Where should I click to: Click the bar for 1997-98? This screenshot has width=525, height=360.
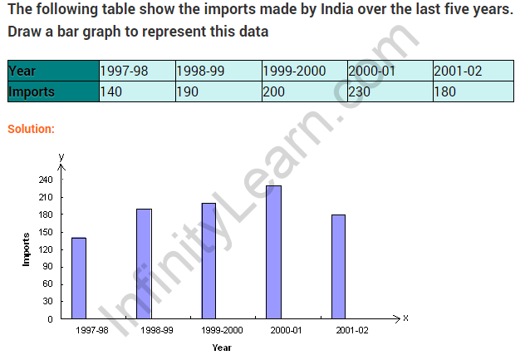pos(79,278)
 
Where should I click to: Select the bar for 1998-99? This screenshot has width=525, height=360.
pos(144,264)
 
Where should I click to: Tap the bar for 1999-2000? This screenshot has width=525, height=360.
pos(209,260)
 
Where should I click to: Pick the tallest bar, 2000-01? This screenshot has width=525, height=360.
pos(273,251)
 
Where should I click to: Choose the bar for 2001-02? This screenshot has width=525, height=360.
pos(338,266)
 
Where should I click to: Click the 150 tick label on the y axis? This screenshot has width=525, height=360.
pos(46,232)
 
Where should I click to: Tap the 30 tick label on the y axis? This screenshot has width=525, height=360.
pos(48,301)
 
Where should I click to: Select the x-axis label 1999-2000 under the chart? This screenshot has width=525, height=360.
pos(221,330)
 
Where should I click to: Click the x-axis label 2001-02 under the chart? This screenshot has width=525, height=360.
pos(351,330)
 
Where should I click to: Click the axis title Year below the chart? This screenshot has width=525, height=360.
pos(221,348)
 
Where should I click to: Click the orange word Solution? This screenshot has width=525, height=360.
pos(32,129)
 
